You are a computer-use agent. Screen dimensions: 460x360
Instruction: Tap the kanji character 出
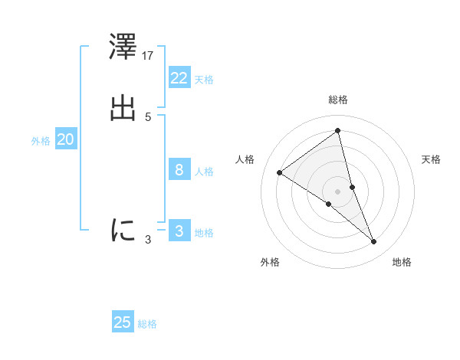(123, 108)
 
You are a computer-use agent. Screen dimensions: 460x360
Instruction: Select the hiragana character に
(123, 229)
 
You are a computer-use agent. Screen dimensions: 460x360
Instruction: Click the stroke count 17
(149, 56)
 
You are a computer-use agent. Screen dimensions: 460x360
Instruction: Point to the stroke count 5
(148, 117)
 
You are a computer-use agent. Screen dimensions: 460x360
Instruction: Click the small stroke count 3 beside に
(148, 240)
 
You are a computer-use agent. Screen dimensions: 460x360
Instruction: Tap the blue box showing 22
(179, 78)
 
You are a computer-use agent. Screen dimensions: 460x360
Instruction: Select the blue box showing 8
(179, 170)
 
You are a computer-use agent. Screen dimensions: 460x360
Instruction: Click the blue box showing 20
(65, 139)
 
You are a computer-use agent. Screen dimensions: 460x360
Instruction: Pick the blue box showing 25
(123, 322)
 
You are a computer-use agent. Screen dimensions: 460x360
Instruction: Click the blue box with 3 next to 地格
(179, 231)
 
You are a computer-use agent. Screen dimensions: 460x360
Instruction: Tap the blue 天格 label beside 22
(204, 80)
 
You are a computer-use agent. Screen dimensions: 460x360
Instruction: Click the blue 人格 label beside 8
(204, 172)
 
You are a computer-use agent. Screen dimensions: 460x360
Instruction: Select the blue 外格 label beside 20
(41, 141)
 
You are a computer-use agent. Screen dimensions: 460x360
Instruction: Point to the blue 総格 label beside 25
(147, 324)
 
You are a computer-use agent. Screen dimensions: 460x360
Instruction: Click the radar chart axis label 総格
(337, 100)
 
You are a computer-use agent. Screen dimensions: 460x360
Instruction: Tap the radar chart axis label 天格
(432, 159)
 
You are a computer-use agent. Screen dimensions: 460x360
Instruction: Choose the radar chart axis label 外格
(270, 262)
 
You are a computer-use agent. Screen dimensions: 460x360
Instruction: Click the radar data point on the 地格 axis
(374, 242)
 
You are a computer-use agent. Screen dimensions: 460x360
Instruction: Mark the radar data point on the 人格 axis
(279, 172)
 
